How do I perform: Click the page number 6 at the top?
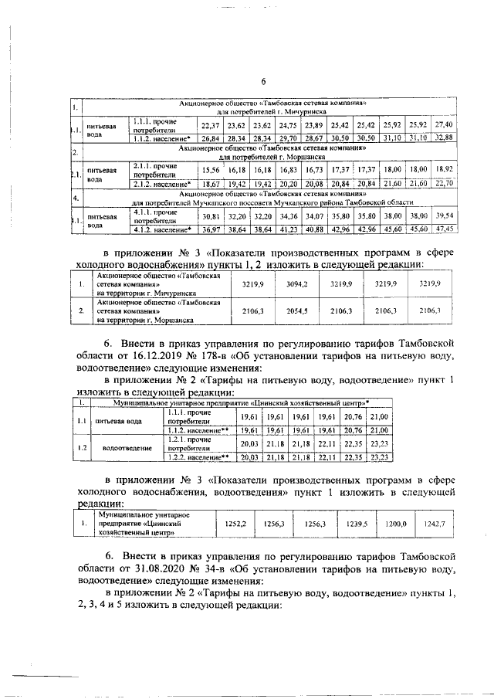[x=262, y=83]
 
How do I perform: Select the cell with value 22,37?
[x=210, y=125]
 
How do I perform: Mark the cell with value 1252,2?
[x=235, y=524]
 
